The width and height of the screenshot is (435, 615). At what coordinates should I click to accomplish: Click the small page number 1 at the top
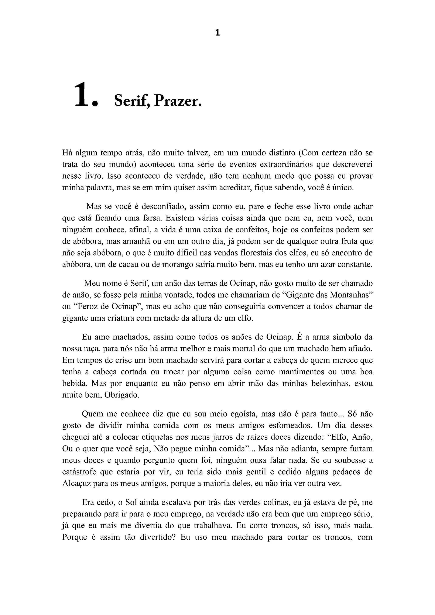(x=217, y=33)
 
